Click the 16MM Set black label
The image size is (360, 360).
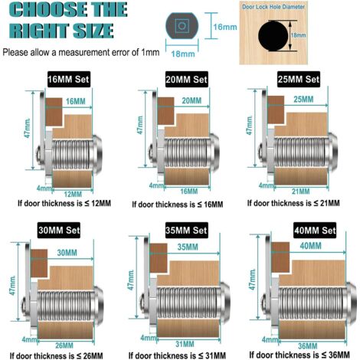[69, 79]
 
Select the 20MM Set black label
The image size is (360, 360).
[186, 80]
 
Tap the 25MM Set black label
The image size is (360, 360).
[299, 79]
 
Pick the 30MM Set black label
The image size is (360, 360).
[59, 231]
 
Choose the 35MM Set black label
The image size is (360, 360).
[186, 231]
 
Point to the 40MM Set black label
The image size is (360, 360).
[315, 231]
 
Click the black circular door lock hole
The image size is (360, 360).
[273, 36]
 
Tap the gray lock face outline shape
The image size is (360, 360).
[182, 26]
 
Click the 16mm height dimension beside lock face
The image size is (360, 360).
[225, 27]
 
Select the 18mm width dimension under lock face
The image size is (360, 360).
[183, 54]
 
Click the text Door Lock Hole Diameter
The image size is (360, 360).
[273, 7]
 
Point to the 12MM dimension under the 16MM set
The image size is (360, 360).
[73, 195]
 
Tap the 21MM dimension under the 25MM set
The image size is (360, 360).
[300, 191]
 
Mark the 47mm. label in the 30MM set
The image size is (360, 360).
[13, 285]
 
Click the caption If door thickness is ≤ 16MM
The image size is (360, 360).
[178, 205]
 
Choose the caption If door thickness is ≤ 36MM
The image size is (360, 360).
[299, 355]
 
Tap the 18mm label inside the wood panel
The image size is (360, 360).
[299, 35]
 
